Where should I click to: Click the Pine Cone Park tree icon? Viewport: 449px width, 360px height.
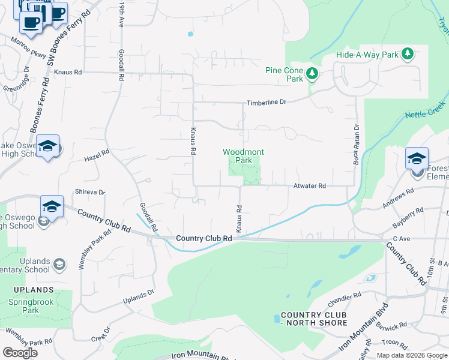tap(312, 74)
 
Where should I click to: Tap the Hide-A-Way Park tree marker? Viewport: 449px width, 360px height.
tap(408, 55)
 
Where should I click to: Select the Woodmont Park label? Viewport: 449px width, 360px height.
tap(243, 156)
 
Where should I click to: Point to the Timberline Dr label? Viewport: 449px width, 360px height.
tap(265, 102)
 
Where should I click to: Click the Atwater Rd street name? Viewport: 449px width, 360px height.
tap(309, 187)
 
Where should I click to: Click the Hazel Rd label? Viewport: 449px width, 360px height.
tap(97, 155)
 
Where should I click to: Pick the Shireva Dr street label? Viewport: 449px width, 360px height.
tap(90, 192)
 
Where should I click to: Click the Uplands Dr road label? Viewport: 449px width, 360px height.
tap(139, 297)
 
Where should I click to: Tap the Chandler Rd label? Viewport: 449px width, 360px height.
tap(345, 295)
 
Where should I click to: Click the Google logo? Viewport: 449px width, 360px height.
tap(20, 353)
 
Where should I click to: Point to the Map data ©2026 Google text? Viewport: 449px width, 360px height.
tap(411, 355)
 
